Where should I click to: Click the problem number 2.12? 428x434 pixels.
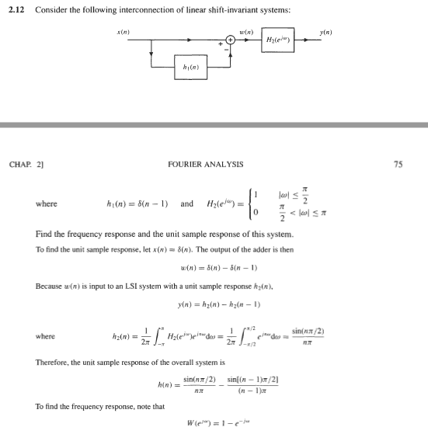tap(19, 9)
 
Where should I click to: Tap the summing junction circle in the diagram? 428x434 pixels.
tap(231, 39)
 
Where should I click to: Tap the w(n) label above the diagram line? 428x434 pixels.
tap(251, 30)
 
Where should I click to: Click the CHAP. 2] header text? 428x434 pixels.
tap(25, 164)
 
